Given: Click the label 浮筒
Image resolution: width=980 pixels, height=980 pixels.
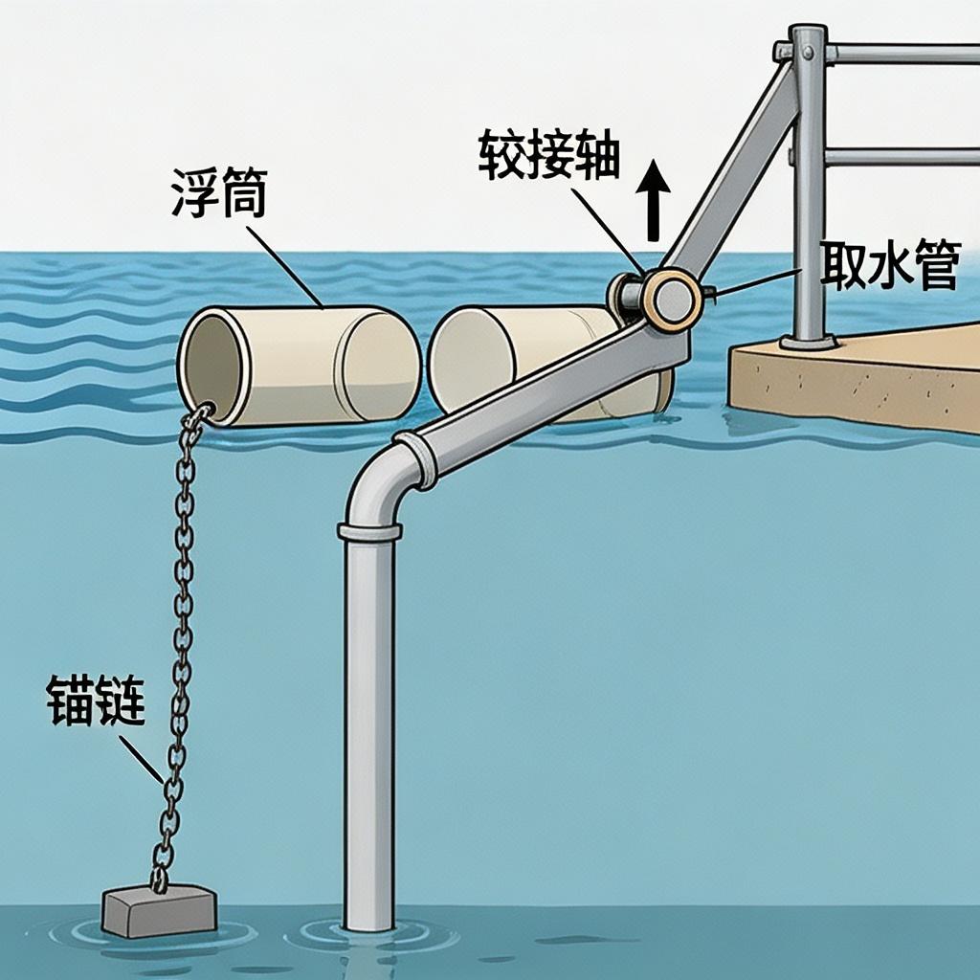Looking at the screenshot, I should click(x=219, y=194).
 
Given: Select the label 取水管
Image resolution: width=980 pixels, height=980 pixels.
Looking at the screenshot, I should click(x=890, y=266).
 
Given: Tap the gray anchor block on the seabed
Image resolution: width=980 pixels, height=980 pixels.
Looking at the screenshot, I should click(x=159, y=909).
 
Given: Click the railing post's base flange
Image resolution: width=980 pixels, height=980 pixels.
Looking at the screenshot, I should click(x=809, y=342).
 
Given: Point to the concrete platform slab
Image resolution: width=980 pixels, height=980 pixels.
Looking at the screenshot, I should click(x=861, y=378).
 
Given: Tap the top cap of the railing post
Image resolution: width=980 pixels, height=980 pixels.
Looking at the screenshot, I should click(x=808, y=33).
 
